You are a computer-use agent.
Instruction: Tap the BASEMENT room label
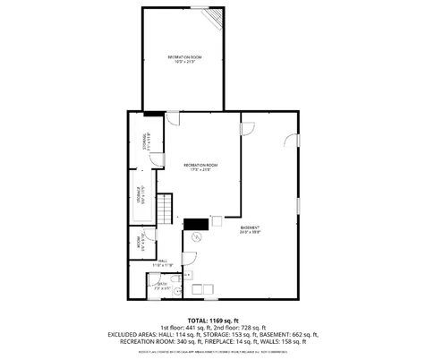tap(250, 230)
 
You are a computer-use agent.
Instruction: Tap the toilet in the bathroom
tap(179, 289)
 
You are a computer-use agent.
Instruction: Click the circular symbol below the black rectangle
tap(199, 237)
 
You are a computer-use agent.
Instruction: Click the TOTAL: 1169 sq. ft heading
tap(212, 320)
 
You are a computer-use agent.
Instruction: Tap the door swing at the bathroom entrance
tap(154, 276)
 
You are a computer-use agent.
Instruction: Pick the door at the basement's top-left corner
tap(250, 125)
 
